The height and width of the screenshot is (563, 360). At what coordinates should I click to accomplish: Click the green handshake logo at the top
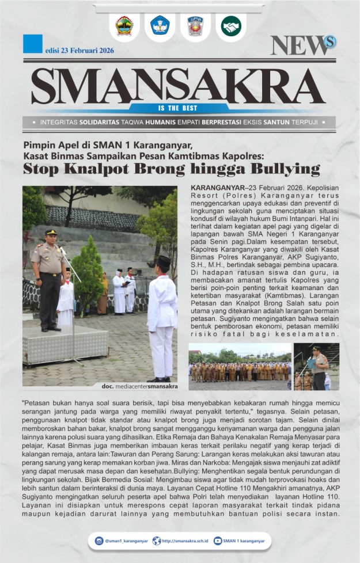coord(231,26)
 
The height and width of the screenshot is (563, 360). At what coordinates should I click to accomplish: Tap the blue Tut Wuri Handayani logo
coord(160,26)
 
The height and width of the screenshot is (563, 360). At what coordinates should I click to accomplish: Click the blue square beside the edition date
coord(33,44)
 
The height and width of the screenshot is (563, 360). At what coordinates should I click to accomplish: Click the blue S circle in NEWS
coord(329,41)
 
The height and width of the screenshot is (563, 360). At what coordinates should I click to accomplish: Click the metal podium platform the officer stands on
coord(65,345)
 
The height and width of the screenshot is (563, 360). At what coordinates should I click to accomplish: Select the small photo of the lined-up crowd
coord(240,367)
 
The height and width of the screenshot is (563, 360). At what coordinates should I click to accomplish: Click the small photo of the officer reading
coord(316,367)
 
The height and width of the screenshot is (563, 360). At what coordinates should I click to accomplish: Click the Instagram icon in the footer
coord(99,541)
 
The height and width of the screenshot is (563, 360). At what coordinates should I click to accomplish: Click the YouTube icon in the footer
coord(218,541)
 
